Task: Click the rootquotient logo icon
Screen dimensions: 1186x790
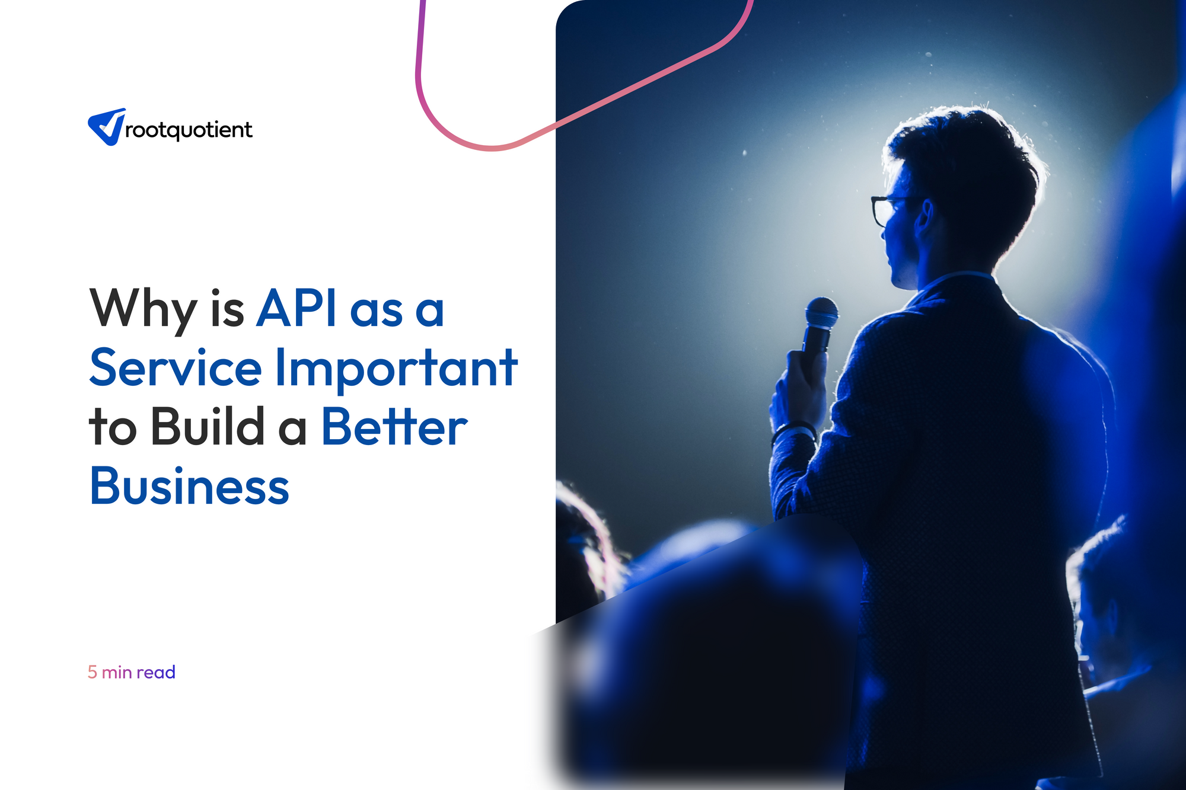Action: tap(107, 127)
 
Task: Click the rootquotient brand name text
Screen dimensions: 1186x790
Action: tap(189, 130)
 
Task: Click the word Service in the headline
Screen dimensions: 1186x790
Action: tap(176, 367)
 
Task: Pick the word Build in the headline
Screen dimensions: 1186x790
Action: tap(208, 426)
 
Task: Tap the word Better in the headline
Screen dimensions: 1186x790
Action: tap(395, 426)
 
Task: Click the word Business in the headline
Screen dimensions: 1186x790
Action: tap(189, 485)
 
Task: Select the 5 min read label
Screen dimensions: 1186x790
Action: tap(132, 672)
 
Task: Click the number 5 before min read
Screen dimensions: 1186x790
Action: tap(93, 672)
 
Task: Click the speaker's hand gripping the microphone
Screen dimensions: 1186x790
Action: tap(798, 388)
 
